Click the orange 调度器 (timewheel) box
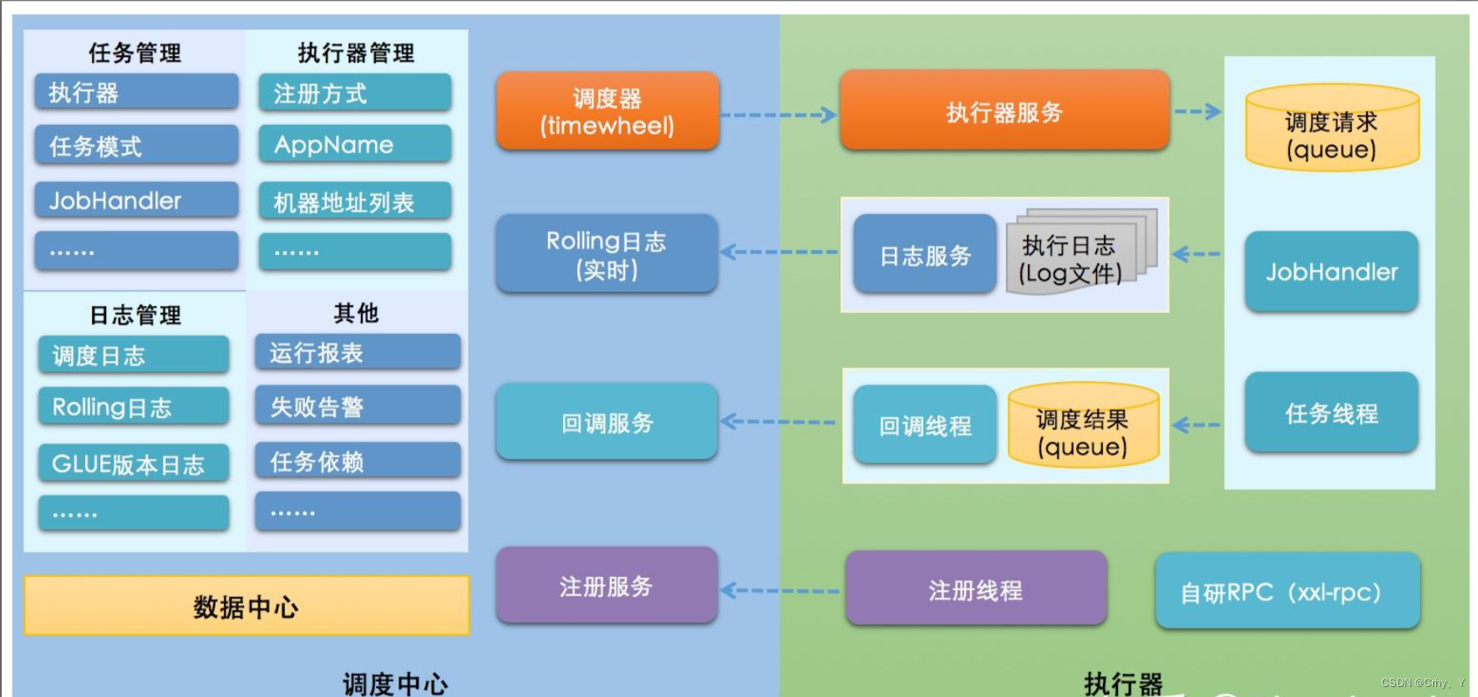[x=607, y=111]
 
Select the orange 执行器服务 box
[x=1004, y=111]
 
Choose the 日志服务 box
[x=925, y=255]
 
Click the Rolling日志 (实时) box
[x=607, y=254]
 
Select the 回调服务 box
[x=607, y=423]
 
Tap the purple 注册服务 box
[x=607, y=586]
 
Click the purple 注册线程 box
[x=975, y=589]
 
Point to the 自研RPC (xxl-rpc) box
[x=1287, y=591]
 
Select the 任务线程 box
[x=1331, y=413]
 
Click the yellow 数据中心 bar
[x=246, y=606]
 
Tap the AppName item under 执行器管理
[x=355, y=145]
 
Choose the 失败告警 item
[x=358, y=406]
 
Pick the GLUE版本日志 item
[x=134, y=464]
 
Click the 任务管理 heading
[x=135, y=53]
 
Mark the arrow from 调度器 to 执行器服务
[x=778, y=114]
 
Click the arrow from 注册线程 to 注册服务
[x=779, y=590]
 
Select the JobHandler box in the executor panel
[x=1331, y=272]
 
